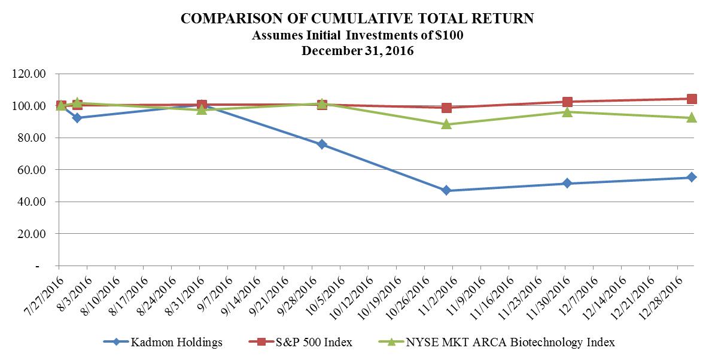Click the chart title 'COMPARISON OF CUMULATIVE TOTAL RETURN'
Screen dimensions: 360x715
coord(357,19)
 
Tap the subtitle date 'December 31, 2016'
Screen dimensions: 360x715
coord(357,51)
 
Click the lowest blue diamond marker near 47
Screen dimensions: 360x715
coord(446,190)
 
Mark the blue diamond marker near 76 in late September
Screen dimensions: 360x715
coord(322,144)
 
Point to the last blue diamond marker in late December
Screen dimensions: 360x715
coord(691,177)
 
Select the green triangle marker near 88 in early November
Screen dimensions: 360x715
coord(446,124)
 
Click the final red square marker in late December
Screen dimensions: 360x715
coord(691,99)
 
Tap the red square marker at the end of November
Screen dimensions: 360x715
coord(567,102)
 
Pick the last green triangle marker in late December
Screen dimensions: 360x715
coord(691,118)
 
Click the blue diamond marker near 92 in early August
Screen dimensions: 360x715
coord(77,118)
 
